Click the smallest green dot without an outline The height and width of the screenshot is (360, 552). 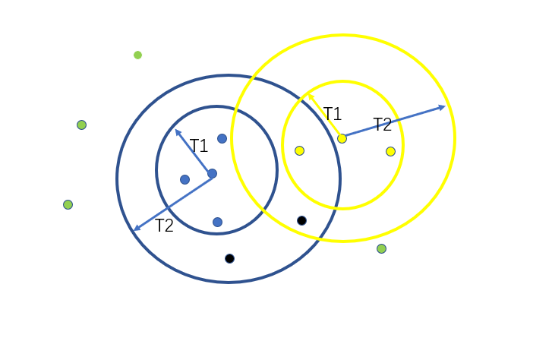click(x=137, y=55)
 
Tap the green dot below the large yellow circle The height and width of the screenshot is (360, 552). click(x=381, y=248)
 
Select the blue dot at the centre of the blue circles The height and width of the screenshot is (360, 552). click(x=212, y=173)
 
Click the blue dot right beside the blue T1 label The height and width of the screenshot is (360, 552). click(x=222, y=138)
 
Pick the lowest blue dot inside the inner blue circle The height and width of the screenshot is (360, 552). click(x=217, y=222)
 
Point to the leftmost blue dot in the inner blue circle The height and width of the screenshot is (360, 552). click(x=185, y=179)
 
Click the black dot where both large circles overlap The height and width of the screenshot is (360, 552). click(x=301, y=220)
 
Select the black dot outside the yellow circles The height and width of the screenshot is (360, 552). click(x=229, y=258)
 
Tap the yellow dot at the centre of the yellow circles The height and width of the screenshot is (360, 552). click(x=342, y=138)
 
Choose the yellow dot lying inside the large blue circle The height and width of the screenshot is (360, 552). click(x=299, y=150)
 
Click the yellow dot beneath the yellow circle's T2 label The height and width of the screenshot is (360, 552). click(x=390, y=151)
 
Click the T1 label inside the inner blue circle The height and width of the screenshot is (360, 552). click(x=199, y=146)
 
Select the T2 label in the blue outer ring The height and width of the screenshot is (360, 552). click(x=164, y=226)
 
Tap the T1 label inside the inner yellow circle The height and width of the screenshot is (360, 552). click(x=332, y=114)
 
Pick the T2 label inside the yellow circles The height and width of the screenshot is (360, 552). click(x=383, y=125)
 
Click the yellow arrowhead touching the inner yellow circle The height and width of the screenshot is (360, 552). click(x=311, y=96)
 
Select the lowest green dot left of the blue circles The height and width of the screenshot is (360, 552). click(x=68, y=204)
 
